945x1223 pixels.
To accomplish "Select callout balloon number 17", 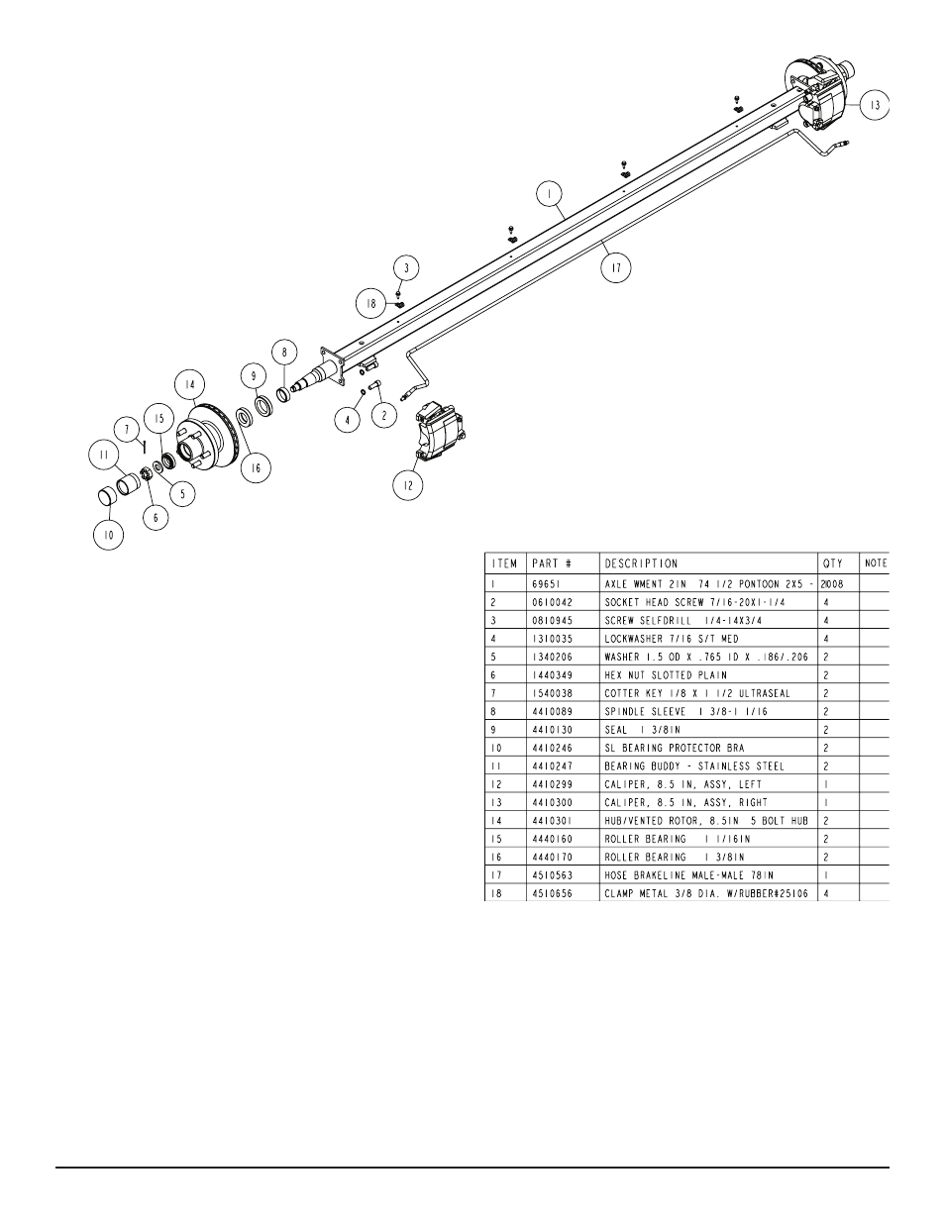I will tap(616, 267).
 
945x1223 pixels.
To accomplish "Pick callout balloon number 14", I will tap(188, 385).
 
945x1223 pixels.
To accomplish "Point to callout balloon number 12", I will tap(408, 485).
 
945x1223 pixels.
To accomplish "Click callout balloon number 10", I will tap(109, 536).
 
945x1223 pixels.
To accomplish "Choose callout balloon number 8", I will tap(284, 351).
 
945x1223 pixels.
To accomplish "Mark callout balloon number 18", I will tap(370, 304).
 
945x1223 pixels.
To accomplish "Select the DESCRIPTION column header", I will tap(641, 563).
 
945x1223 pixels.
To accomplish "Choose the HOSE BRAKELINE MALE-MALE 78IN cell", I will tap(687, 874).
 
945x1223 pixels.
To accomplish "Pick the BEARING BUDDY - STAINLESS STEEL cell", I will tap(693, 765).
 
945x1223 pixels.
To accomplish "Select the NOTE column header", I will tap(876, 563).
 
